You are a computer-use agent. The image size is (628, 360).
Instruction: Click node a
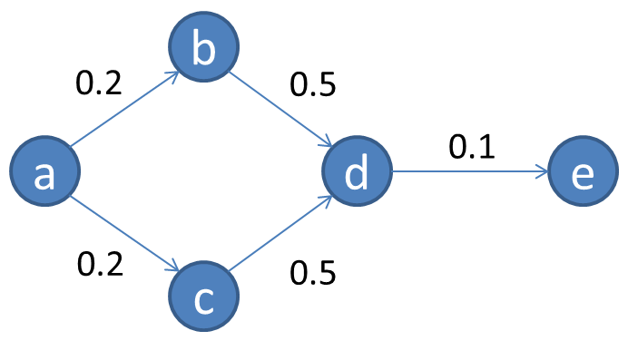44,172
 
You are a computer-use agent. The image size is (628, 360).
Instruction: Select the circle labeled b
203,48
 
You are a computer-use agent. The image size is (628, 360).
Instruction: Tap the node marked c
203,297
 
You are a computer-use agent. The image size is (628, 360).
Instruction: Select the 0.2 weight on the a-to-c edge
100,264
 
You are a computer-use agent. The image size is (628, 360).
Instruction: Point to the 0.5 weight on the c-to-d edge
313,271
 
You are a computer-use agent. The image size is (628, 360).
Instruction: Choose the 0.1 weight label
472,145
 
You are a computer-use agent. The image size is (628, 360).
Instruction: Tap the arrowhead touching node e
545,170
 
